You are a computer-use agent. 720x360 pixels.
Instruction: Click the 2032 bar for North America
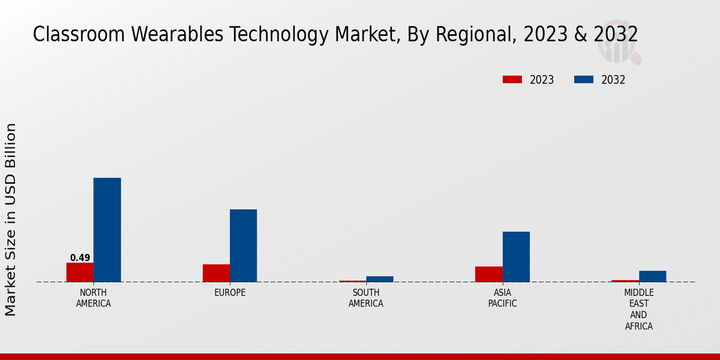click(107, 230)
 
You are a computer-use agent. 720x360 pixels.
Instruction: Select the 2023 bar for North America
click(80, 272)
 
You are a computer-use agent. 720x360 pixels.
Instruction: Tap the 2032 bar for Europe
click(243, 245)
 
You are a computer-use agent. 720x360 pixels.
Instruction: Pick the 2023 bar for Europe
click(216, 273)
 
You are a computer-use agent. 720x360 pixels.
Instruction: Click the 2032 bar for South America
click(379, 279)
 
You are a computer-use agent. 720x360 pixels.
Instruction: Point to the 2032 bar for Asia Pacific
click(516, 256)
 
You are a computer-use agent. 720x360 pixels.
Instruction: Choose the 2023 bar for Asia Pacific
click(488, 274)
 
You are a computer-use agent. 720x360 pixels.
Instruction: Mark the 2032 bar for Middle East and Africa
click(652, 276)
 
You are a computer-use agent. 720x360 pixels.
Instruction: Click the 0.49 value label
click(80, 258)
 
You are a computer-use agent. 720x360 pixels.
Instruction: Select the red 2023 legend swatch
click(512, 80)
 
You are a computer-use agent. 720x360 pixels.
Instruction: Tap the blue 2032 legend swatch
click(584, 80)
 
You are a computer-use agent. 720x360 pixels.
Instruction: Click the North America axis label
click(94, 298)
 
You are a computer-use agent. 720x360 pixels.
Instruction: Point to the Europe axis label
click(230, 293)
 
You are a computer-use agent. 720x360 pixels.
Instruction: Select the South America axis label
click(366, 298)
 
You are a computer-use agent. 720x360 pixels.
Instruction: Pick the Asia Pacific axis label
click(502, 298)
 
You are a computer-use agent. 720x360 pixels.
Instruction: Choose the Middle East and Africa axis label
click(638, 310)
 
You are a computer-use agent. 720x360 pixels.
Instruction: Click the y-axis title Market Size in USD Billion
click(11, 219)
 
